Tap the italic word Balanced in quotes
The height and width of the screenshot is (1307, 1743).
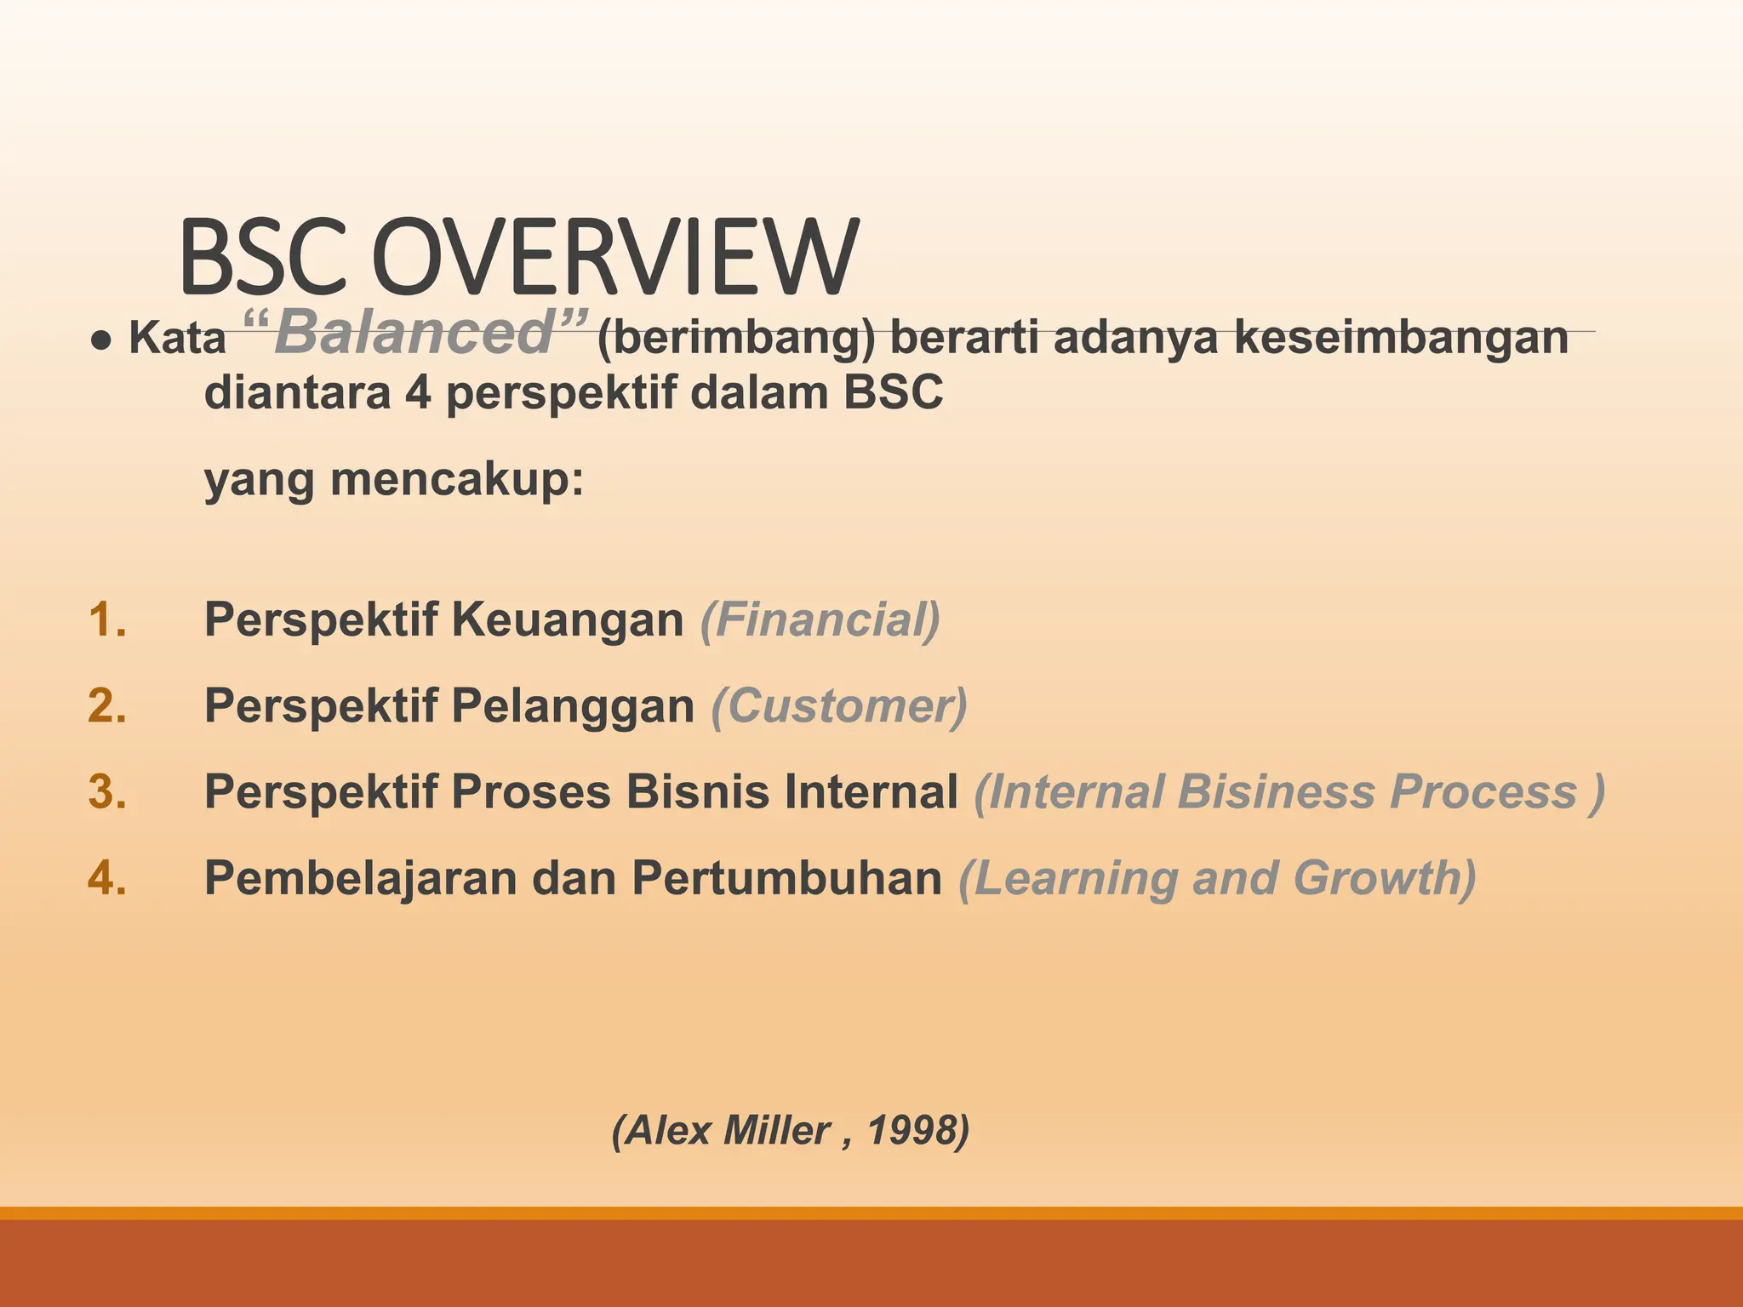coord(414,333)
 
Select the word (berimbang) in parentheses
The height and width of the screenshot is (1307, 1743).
coord(736,338)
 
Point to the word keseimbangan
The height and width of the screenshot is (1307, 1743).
coord(1401,338)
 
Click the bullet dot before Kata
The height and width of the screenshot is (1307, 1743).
coord(101,340)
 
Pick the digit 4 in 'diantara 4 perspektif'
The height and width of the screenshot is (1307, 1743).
coord(418,393)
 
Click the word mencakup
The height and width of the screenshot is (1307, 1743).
coord(457,479)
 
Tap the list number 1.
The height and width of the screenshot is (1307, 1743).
coord(107,619)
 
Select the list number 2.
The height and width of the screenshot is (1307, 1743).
coord(107,706)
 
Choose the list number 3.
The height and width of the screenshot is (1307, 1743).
coord(107,792)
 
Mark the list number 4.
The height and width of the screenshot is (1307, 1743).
coord(107,878)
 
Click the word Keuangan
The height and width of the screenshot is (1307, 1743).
coord(567,619)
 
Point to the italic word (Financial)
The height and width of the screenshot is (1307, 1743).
coord(820,619)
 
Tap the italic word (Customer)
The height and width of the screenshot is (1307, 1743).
coord(839,706)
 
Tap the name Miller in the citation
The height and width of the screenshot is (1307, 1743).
coord(776,1131)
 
